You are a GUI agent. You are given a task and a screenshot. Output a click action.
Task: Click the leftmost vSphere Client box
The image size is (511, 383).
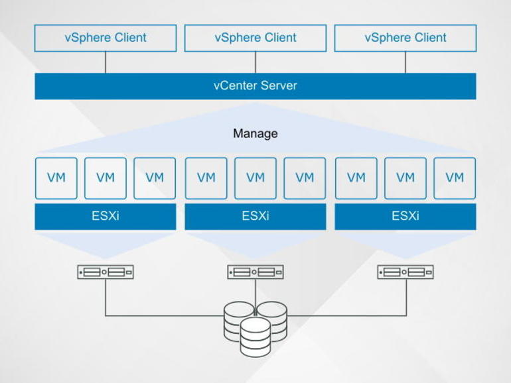pos(106,38)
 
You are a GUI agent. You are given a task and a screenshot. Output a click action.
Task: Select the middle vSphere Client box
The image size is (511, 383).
pos(255,38)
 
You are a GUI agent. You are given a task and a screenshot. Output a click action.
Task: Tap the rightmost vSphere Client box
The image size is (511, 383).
pos(405,38)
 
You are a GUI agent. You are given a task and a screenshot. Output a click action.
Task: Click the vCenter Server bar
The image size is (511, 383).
pos(255,86)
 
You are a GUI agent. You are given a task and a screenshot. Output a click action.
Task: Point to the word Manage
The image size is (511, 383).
pos(255,134)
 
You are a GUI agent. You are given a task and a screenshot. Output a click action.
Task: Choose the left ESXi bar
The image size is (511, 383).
pos(106,217)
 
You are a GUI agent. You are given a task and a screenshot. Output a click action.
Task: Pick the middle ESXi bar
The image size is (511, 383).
pos(255,217)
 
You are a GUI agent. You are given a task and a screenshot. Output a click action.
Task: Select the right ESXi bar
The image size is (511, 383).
pos(405,217)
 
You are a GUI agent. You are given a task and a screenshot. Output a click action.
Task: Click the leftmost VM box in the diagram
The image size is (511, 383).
pos(56,178)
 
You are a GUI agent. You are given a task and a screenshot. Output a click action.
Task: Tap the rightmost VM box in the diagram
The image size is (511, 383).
pos(455,178)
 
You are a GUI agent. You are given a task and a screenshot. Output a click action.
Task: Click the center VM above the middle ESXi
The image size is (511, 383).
pos(255,178)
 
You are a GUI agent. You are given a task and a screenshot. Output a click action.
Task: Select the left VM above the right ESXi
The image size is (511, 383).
pos(356,178)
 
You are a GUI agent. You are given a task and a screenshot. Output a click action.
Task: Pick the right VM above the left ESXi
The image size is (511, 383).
pos(155,178)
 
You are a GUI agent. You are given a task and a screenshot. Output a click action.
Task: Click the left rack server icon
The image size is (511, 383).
pos(106,272)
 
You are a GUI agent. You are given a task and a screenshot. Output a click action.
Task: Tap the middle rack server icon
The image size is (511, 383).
pos(255,272)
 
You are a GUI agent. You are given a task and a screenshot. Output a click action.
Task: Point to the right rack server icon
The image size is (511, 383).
pos(405,272)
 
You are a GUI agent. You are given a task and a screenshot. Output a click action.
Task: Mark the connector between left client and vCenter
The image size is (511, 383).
pos(106,62)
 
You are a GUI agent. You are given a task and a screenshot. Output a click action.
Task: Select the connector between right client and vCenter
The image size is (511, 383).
pos(405,62)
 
